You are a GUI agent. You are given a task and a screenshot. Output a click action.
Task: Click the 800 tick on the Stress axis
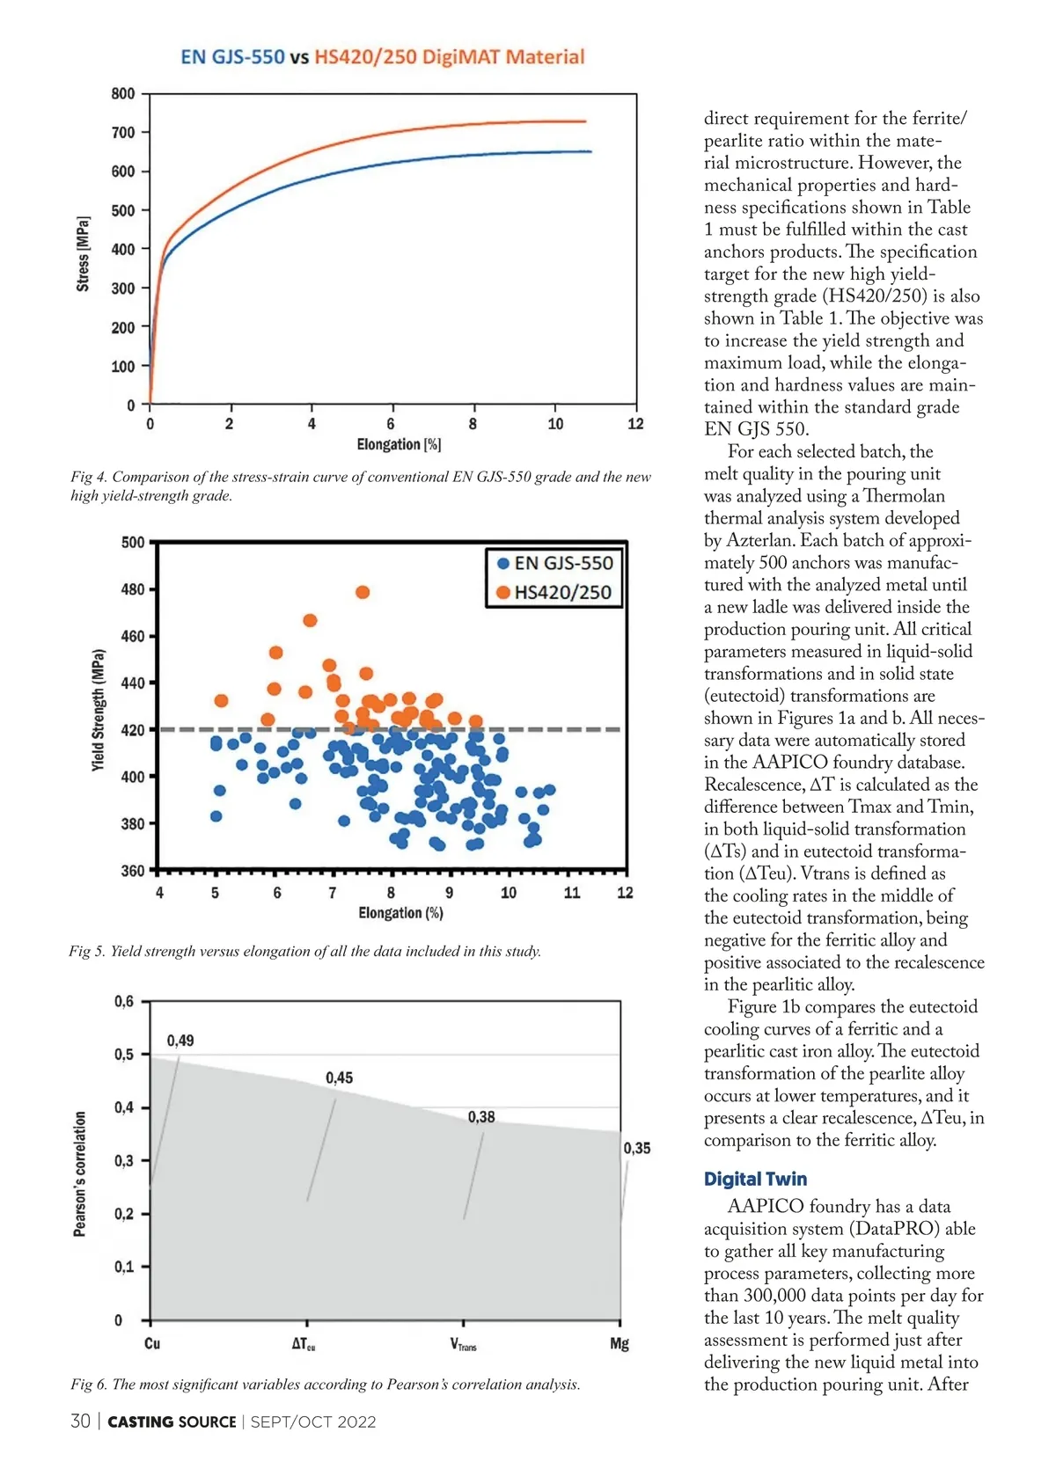pos(123,94)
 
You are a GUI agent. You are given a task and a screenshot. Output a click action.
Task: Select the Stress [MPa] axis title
pos(83,253)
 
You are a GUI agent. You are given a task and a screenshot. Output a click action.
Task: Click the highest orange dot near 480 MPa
pos(363,593)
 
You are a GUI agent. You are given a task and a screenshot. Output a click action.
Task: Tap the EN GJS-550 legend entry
pos(554,564)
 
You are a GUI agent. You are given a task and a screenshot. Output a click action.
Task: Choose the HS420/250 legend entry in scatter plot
pos(554,592)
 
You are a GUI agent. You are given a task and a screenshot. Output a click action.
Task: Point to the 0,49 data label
pos(180,1041)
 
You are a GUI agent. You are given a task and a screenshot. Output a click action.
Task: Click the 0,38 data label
pos(481,1117)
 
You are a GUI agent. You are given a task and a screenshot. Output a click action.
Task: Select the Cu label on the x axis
pos(152,1344)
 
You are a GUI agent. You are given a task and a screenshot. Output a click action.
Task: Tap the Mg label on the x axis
pos(620,1344)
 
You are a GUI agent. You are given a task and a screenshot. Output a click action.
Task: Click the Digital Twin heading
pos(755,1180)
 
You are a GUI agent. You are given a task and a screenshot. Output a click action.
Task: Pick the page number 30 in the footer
pos(80,1421)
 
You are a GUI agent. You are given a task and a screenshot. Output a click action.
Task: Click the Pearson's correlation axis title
pos(80,1173)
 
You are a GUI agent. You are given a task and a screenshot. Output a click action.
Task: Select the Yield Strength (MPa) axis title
pos(99,711)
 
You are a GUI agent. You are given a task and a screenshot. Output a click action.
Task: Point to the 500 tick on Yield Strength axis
pos(133,543)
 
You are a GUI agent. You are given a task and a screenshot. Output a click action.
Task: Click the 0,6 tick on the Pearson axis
pos(124,1002)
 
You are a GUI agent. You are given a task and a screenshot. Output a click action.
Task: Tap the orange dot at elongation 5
pos(222,701)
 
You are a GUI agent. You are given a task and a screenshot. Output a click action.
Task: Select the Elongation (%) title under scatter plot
pos(400,913)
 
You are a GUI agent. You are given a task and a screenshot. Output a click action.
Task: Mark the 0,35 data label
pos(637,1148)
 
